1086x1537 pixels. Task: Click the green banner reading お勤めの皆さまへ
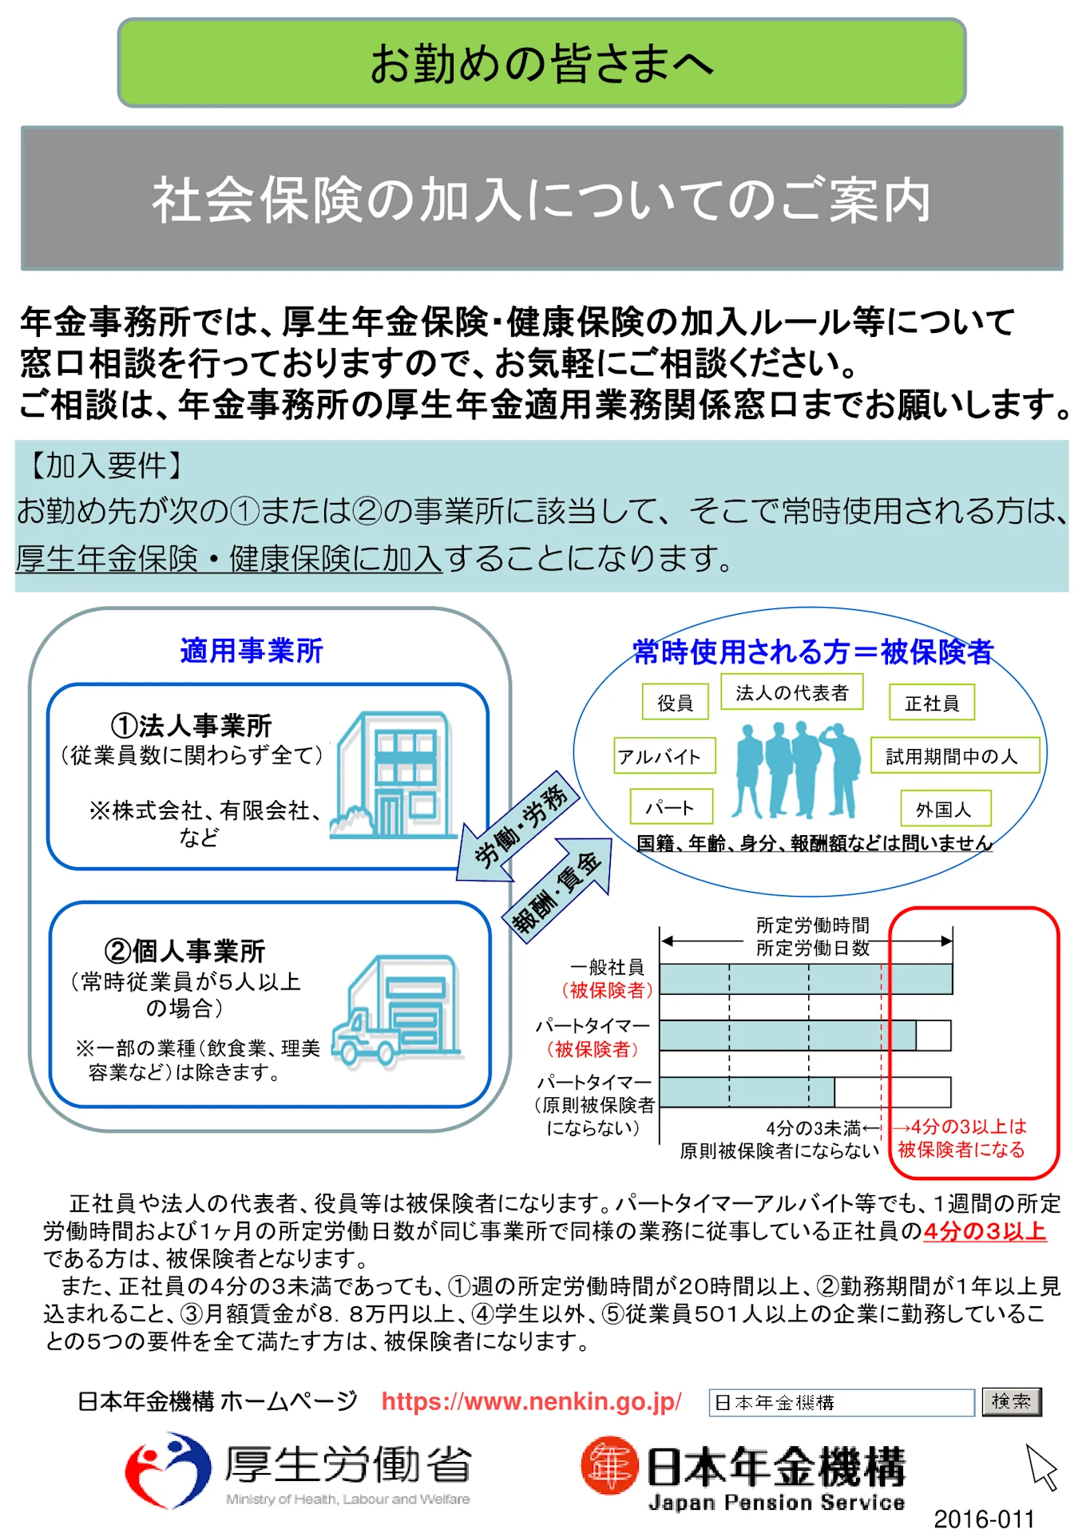541,63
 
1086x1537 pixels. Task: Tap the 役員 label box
676,702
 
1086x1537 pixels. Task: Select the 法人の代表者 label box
792,692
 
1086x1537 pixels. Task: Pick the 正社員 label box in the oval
932,703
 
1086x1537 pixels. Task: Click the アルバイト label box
664,755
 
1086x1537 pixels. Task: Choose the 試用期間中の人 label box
954,755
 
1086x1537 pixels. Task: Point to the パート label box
671,807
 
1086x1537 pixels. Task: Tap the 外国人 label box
945,809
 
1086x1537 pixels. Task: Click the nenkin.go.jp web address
531,1401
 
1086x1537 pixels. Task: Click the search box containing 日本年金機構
841,1402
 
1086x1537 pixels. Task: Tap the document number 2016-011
984,1518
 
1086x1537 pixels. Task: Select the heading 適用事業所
252,651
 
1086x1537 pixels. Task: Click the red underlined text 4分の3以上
984,1230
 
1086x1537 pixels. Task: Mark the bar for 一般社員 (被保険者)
806,979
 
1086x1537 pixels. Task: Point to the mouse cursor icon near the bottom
1041,1466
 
